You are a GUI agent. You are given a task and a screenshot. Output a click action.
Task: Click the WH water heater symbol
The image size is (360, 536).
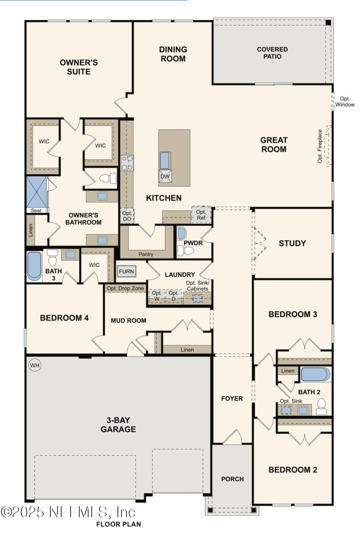34,365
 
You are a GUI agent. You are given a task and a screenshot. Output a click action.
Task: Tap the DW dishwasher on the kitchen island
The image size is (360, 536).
165,176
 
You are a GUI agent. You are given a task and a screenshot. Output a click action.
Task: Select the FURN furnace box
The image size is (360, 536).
126,272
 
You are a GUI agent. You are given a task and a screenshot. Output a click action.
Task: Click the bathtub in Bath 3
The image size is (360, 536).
34,266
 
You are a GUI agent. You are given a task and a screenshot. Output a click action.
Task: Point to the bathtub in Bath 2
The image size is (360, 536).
315,374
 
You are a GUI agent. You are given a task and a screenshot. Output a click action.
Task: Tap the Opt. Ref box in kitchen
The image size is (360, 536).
201,215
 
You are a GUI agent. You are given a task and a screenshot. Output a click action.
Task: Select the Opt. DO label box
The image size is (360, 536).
127,216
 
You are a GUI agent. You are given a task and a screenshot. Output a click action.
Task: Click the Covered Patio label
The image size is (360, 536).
272,53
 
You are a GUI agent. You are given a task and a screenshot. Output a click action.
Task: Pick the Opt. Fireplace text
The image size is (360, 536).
320,146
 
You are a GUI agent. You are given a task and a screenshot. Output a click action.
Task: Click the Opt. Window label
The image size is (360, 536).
345,102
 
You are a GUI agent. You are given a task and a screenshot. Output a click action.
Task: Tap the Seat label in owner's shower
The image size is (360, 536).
36,210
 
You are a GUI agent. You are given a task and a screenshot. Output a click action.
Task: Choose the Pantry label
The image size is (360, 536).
146,254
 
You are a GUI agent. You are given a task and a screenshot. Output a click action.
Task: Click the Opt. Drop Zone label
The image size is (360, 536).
125,288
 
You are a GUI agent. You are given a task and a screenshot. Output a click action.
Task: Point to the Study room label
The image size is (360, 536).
292,243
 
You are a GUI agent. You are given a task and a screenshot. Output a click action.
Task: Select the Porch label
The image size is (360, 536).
232,479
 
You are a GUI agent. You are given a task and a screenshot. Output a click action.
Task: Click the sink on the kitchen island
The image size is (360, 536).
165,160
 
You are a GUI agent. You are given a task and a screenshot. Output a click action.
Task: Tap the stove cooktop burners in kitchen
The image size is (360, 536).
127,162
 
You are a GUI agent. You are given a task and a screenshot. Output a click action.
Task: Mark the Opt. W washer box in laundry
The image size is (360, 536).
157,296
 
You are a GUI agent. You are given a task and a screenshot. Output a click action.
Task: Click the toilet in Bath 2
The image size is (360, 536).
321,407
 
